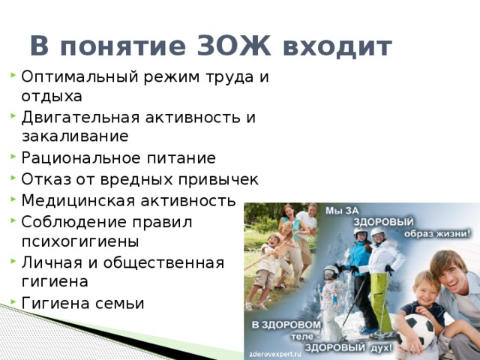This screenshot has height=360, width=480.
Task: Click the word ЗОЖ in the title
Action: (234, 46)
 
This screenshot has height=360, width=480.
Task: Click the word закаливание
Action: (75, 136)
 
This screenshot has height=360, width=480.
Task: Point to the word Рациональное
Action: (80, 158)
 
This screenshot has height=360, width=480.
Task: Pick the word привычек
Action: (218, 180)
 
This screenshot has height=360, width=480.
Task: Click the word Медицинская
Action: (78, 201)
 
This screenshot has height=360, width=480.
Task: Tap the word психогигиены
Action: (80, 241)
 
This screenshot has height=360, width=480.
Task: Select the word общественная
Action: (163, 263)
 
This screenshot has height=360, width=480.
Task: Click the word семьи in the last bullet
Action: (120, 304)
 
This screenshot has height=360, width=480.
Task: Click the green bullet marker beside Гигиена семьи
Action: (13, 301)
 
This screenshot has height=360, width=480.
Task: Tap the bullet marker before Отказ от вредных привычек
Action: (13, 178)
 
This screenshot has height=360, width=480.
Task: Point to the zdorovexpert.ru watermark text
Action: (275, 354)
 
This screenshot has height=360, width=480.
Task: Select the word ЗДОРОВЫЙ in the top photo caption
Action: (383, 222)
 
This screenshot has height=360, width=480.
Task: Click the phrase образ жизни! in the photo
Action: (437, 234)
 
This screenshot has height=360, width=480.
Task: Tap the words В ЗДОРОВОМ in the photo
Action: (286, 325)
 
